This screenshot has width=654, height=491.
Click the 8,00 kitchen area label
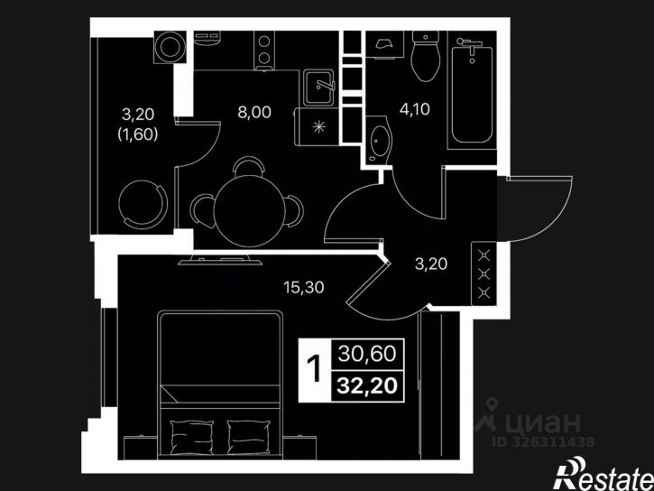(x=254, y=112)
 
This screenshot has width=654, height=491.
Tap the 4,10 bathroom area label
(x=414, y=109)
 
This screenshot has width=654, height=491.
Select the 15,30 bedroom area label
(x=304, y=287)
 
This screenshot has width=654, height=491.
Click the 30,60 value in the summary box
(x=367, y=353)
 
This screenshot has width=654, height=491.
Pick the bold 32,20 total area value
(x=367, y=385)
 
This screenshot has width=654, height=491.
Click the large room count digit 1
(x=315, y=369)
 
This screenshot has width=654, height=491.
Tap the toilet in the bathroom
(x=426, y=56)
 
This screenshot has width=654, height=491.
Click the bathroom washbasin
(x=379, y=141)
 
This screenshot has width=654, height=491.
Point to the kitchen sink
(x=319, y=88)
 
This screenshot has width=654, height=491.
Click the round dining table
(x=250, y=211)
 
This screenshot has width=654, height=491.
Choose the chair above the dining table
(x=249, y=166)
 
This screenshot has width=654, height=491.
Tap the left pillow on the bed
(x=192, y=437)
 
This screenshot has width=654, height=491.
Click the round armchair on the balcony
(x=143, y=205)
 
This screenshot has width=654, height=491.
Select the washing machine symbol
(x=170, y=47)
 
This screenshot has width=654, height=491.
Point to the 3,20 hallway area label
(x=431, y=264)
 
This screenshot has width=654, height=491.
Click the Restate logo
(x=603, y=475)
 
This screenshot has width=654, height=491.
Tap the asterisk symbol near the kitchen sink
(x=319, y=126)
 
